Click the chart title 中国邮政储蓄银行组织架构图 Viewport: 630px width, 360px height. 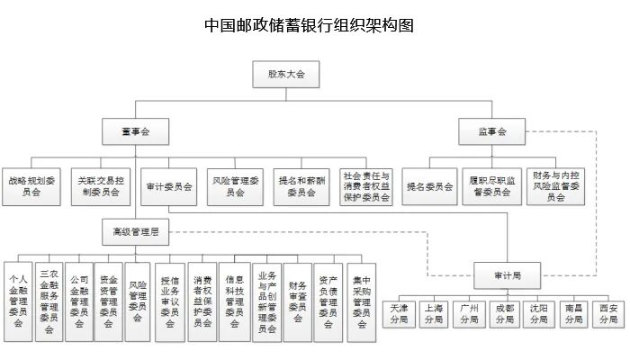pos(310,24)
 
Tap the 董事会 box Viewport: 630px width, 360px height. pos(136,131)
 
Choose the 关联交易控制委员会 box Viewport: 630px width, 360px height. pos(101,185)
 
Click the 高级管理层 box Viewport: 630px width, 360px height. pos(136,231)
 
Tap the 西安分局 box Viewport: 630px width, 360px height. pos(608,313)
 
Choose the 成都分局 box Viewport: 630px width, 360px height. pos(504,313)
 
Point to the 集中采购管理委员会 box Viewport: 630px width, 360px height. pos(361,301)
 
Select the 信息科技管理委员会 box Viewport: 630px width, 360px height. pos(234,301)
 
